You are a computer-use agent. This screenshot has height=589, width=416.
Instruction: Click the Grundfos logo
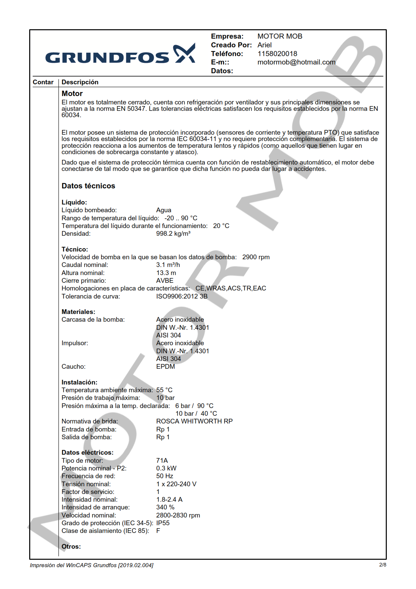120,55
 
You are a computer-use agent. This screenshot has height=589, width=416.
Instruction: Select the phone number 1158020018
277,54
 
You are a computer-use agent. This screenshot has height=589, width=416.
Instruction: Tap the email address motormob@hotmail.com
296,62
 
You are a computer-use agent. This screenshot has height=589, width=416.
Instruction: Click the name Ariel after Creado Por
264,45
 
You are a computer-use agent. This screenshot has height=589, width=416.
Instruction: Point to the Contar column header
43,82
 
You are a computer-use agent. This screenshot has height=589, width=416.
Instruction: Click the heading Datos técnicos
88,186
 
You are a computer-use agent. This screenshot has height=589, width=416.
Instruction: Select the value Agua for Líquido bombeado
164,210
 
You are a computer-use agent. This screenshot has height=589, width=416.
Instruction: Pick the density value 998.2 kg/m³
173,234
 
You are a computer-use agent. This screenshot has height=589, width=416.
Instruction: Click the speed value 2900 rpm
256,257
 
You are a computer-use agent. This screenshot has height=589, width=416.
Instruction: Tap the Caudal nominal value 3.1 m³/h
168,265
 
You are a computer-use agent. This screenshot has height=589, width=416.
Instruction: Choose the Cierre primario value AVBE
165,281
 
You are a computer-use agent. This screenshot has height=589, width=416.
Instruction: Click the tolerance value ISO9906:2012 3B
182,297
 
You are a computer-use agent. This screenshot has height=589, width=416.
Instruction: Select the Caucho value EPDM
166,367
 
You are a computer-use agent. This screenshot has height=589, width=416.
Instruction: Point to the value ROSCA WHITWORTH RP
194,421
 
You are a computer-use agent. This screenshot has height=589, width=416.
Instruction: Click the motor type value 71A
162,461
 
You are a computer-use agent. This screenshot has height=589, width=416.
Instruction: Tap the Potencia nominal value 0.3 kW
166,468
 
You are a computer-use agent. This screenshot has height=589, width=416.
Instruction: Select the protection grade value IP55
163,523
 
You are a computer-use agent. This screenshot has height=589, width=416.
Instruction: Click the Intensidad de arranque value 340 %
165,507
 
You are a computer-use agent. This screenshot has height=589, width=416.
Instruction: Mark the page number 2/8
382,565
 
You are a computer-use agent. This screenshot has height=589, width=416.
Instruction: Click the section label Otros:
71,547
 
